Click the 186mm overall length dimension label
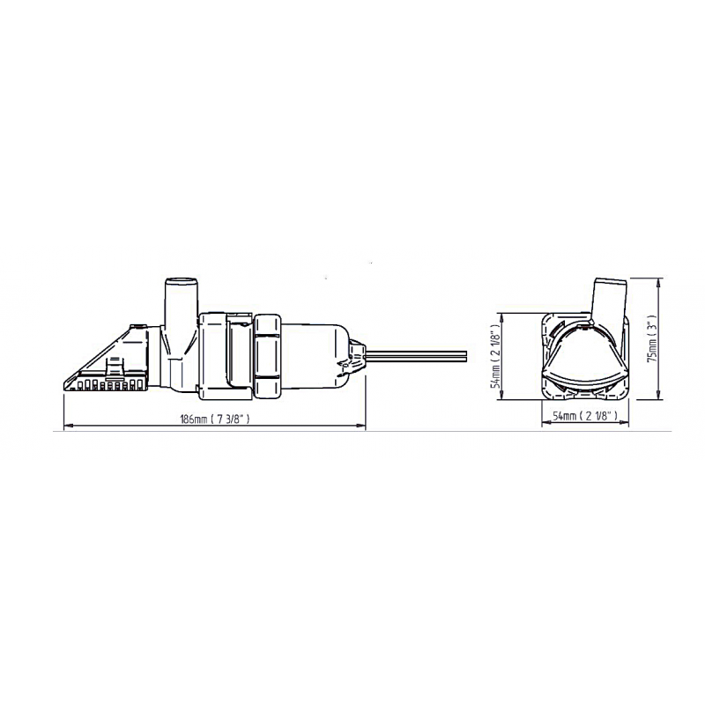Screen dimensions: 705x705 [214, 419]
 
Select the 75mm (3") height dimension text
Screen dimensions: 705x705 [653, 338]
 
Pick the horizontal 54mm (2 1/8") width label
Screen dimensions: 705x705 [584, 416]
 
